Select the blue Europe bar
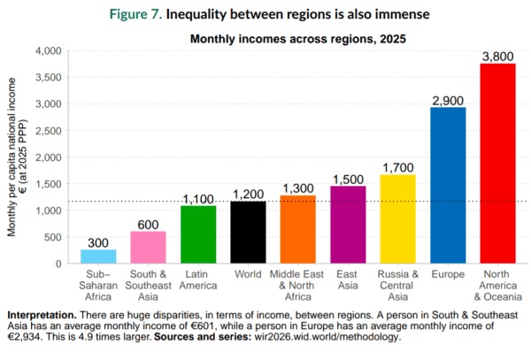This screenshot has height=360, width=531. [x=448, y=185]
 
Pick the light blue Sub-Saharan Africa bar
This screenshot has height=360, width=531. [x=98, y=256]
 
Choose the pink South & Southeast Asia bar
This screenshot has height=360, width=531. [x=149, y=247]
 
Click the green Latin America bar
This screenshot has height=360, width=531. [x=198, y=234]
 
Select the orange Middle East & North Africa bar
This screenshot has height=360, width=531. [x=298, y=229]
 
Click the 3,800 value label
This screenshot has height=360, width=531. [x=497, y=57]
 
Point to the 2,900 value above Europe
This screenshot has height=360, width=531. [x=448, y=101]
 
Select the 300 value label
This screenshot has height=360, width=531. [x=98, y=242]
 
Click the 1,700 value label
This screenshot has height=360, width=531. [x=397, y=167]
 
